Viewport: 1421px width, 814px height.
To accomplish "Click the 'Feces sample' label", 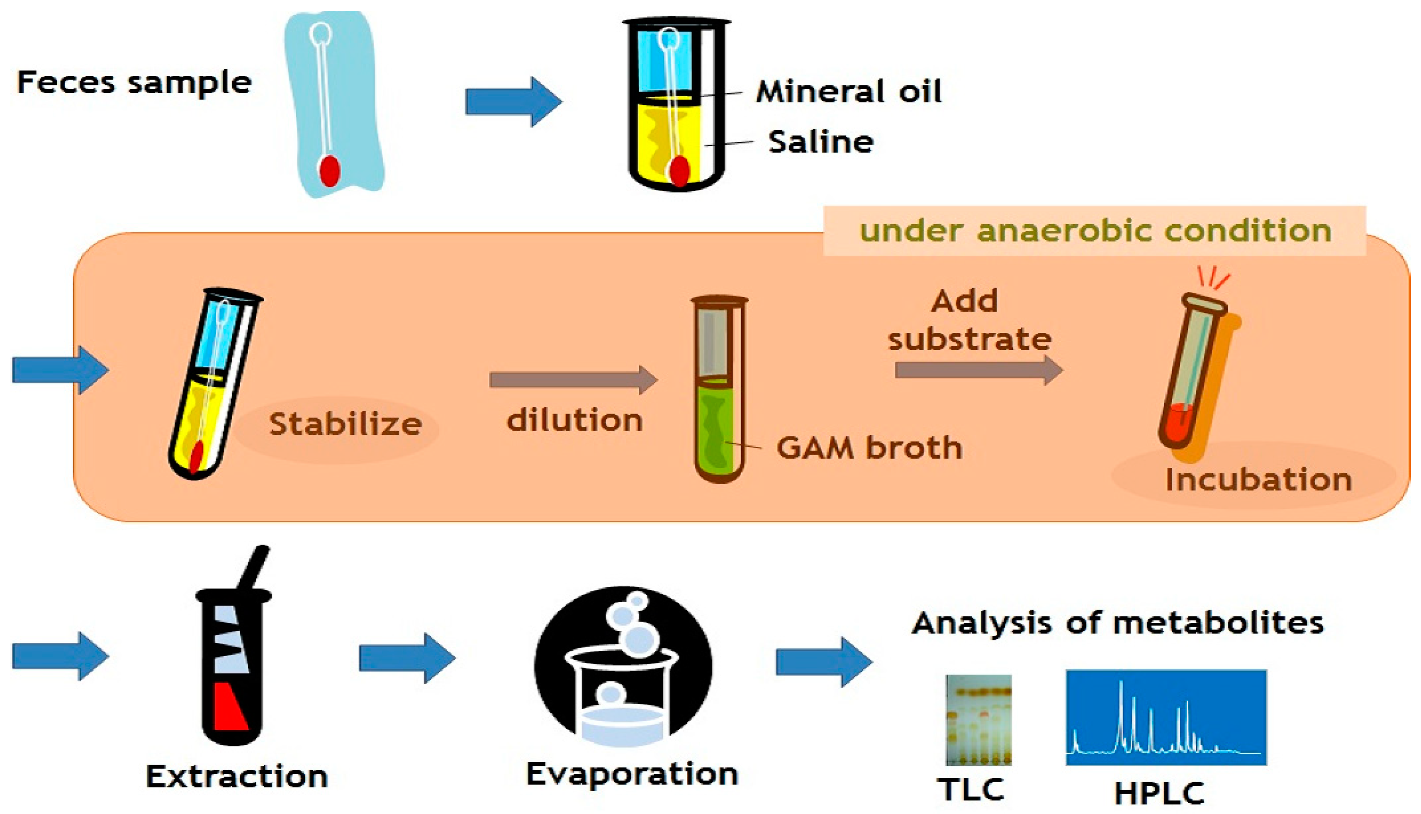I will (134, 83).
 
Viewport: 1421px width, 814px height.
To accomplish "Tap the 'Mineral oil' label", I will (849, 92).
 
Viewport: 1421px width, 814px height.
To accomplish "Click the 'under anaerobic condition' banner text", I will (1095, 231).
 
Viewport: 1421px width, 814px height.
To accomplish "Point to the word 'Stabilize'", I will (345, 424).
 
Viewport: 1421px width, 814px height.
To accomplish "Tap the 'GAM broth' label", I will (869, 447).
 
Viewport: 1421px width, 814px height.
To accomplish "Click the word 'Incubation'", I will (1259, 480).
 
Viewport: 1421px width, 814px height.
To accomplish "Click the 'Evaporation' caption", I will (632, 774).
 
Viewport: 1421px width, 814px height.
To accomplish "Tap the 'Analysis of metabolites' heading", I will (1117, 622).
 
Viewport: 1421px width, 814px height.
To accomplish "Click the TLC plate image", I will (978, 720).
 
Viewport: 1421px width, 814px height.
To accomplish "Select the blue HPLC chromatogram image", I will (1166, 717).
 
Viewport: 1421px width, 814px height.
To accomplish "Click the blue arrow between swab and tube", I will (513, 102).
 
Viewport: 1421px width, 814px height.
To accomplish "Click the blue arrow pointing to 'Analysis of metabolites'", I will (823, 662).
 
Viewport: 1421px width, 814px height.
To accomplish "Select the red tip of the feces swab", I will (329, 171).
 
